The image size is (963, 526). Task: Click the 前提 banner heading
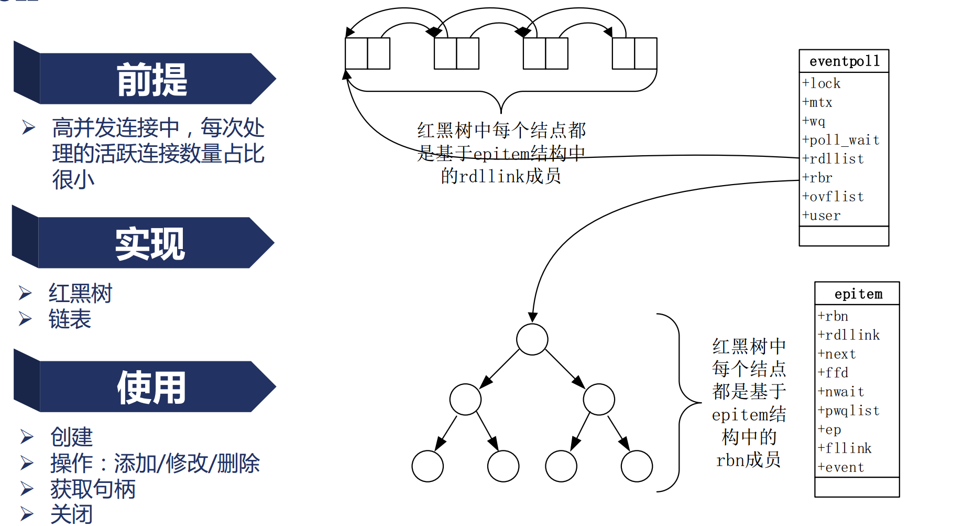click(152, 80)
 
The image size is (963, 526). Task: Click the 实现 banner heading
click(150, 244)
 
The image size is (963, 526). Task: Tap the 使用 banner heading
click(151, 388)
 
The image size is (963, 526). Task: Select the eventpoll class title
click(844, 61)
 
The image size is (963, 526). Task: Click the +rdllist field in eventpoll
click(833, 159)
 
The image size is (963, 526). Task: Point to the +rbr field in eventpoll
click(817, 178)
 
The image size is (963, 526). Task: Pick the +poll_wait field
click(841, 140)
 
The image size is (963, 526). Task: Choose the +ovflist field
click(833, 197)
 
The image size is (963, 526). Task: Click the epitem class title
click(858, 294)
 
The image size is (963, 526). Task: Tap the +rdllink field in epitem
click(849, 335)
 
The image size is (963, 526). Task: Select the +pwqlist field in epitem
click(849, 411)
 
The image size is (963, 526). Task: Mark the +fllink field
click(845, 448)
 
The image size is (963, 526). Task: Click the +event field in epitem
click(841, 467)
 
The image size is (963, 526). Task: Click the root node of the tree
click(532, 339)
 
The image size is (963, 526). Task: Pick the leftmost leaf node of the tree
click(428, 466)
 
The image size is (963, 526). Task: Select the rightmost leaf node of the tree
click(637, 466)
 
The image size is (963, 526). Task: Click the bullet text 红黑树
click(81, 293)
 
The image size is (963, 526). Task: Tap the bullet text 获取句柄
click(93, 489)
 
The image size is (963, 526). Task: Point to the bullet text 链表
click(70, 319)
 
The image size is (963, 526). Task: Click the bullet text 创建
click(72, 437)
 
